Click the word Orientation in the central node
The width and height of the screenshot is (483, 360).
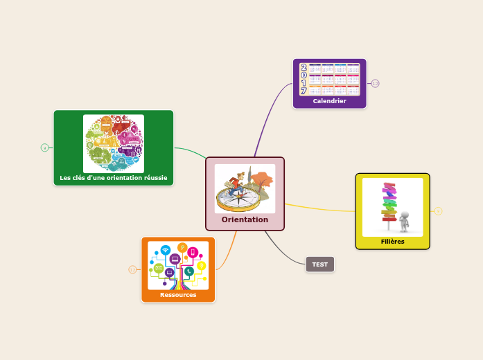[x=245, y=219]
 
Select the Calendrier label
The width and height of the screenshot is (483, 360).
[x=329, y=101]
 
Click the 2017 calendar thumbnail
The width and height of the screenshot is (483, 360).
[x=329, y=80]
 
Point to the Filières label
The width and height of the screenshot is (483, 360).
[x=392, y=242]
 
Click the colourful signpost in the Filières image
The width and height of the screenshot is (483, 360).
[x=389, y=201]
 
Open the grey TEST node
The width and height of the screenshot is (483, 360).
[x=319, y=264]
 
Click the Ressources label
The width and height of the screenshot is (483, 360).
[x=178, y=295]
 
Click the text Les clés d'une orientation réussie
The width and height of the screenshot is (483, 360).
[x=114, y=178]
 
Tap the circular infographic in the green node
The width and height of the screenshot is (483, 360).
[x=114, y=143]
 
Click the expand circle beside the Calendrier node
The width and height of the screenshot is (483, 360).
[x=376, y=84]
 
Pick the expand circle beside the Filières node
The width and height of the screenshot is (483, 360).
[x=438, y=211]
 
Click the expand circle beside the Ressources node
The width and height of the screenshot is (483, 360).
[x=132, y=270]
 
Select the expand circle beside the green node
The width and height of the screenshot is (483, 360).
[x=45, y=147]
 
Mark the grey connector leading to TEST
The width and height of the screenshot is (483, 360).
[x=284, y=247]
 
